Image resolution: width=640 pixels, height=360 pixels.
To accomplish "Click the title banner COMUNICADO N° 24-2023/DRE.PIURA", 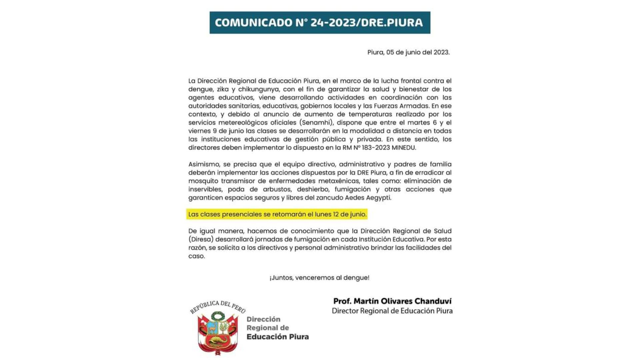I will coord(320,23).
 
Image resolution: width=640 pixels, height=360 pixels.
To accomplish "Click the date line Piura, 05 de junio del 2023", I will coord(408,52).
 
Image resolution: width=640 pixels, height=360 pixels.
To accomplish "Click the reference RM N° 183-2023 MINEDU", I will coord(379,148).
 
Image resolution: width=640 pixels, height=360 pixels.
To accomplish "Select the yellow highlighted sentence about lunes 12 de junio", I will coord(277,214).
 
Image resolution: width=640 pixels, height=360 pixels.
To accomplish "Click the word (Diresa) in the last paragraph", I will coord(201,239).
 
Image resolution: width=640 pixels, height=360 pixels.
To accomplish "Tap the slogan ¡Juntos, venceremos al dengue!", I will coord(319,278).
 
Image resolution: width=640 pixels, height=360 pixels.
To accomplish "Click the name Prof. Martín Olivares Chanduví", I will coord(392,301).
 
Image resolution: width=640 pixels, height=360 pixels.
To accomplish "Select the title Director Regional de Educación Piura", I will coord(392,311).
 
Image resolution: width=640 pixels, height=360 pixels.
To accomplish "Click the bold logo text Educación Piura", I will coord(278,337).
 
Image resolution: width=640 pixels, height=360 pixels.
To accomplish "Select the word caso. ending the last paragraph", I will coord(196,256).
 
